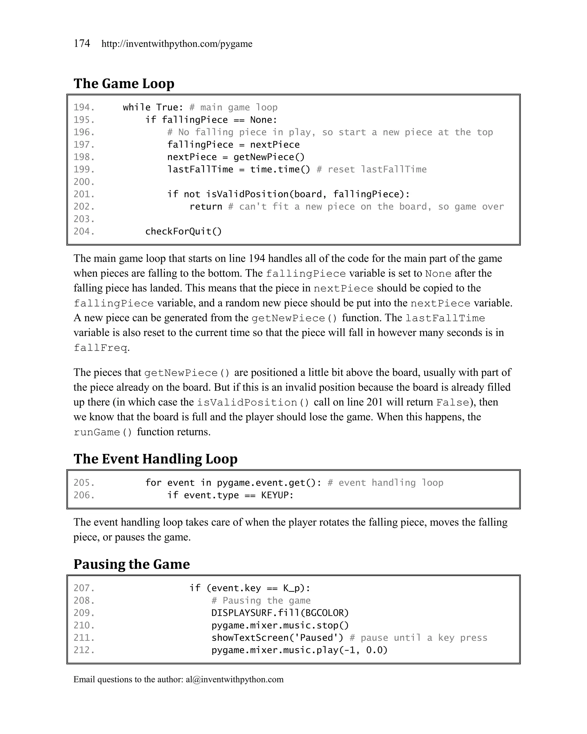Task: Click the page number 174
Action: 82,43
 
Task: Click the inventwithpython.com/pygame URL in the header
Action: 177,44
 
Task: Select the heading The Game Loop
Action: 124,83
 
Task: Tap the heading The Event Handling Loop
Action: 155,459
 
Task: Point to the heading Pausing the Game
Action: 131,564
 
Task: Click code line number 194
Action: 84,108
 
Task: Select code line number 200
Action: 84,182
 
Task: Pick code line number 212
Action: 84,650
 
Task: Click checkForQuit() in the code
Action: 183,231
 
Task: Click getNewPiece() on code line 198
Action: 269,157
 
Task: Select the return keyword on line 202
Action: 206,207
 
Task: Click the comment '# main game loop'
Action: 233,108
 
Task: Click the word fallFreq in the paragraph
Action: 101,348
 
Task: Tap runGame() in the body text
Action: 102,432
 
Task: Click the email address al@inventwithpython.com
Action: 234,679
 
